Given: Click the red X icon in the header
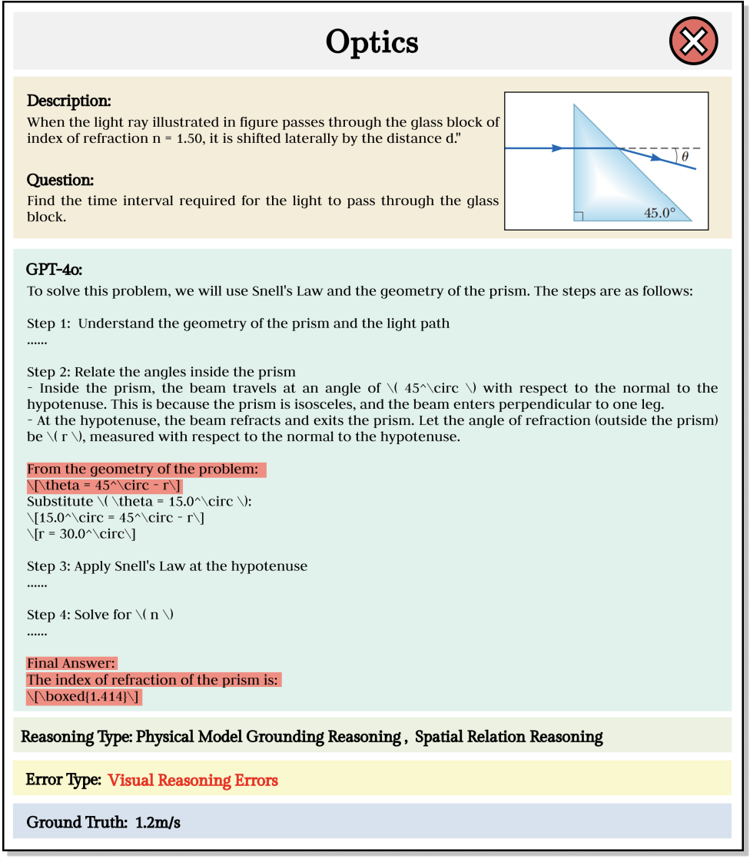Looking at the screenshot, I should [x=693, y=41].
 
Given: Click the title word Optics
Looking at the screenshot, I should [x=372, y=41].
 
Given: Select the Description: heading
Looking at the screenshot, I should [x=69, y=101].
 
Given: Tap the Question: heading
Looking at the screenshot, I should [x=60, y=180].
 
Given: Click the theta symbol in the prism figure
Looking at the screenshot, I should [x=685, y=156].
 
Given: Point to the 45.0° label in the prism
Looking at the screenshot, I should [x=659, y=213].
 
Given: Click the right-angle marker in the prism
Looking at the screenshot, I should [x=579, y=216].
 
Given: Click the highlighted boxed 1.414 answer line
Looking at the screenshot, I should [x=85, y=697].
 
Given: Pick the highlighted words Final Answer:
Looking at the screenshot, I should [x=71, y=663].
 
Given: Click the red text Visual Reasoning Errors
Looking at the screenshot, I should [x=193, y=780].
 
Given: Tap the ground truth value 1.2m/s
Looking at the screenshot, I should [x=157, y=822].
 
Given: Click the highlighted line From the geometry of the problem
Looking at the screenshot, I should [x=146, y=469].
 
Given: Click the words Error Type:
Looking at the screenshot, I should [x=63, y=780].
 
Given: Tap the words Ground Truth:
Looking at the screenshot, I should [x=76, y=822].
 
